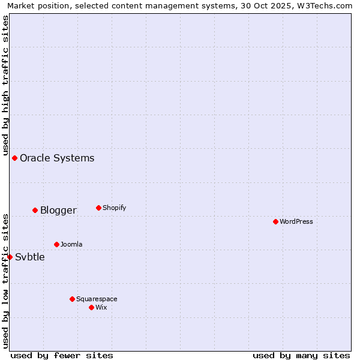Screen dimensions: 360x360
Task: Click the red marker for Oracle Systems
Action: click(x=14, y=158)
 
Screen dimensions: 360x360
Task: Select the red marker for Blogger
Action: click(x=35, y=210)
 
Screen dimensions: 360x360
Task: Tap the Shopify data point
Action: click(x=98, y=208)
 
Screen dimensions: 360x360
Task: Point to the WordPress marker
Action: click(x=275, y=221)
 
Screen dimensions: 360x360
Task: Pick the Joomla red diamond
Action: click(x=56, y=244)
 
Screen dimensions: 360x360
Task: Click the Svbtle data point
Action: click(x=10, y=257)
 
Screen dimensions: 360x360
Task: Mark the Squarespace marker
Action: click(x=72, y=299)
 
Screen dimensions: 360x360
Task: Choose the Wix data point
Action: click(x=91, y=307)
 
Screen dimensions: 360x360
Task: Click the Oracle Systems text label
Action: click(x=57, y=158)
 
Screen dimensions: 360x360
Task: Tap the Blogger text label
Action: click(x=58, y=211)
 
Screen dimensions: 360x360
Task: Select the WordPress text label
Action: click(x=296, y=222)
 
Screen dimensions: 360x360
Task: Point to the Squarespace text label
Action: click(x=97, y=299)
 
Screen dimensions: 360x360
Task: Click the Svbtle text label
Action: click(x=30, y=257)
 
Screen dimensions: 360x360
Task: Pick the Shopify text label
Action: click(x=114, y=208)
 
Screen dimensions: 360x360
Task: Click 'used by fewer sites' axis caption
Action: click(x=62, y=355)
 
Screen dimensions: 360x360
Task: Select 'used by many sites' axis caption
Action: click(x=301, y=355)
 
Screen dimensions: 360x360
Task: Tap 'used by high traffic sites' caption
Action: click(x=5, y=85)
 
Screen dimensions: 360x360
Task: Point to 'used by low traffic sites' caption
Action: click(x=5, y=280)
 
